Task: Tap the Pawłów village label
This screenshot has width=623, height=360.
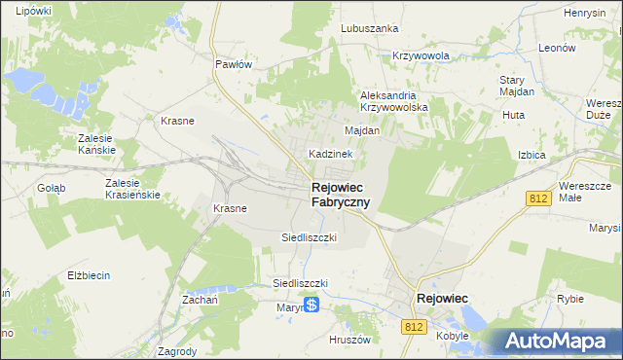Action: click(x=234, y=63)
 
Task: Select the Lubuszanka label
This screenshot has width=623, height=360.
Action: click(x=370, y=28)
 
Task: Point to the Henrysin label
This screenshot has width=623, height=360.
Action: click(x=585, y=13)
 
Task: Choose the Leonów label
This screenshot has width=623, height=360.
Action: click(x=558, y=48)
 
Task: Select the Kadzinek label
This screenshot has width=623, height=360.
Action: click(x=331, y=154)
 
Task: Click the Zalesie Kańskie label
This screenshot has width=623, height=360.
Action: click(x=97, y=144)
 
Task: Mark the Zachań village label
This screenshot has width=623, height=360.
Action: click(x=200, y=301)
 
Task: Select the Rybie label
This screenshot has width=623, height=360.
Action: click(x=569, y=300)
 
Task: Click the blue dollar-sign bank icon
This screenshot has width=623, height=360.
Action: click(x=311, y=306)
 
